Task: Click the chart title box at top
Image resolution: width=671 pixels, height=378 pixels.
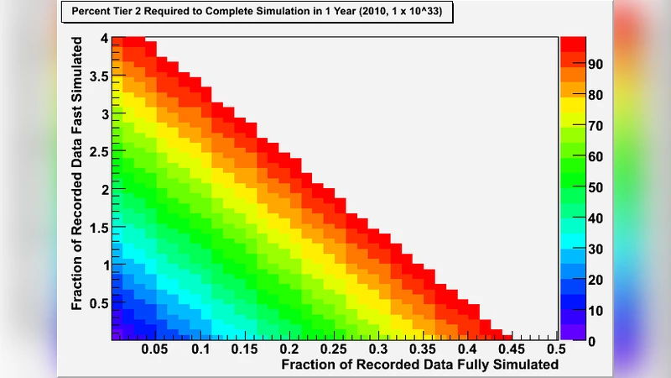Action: tap(257, 13)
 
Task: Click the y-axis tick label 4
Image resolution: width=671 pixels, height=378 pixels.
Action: tap(103, 38)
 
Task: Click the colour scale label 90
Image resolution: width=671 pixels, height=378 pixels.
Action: tap(596, 65)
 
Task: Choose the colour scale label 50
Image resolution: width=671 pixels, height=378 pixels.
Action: tap(596, 187)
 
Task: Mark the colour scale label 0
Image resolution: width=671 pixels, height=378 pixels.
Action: tap(592, 341)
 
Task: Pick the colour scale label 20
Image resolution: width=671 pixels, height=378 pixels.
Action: tap(596, 280)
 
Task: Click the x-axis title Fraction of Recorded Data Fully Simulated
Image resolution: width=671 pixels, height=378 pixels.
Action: tap(419, 365)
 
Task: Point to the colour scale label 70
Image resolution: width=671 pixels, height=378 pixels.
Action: tap(596, 126)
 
